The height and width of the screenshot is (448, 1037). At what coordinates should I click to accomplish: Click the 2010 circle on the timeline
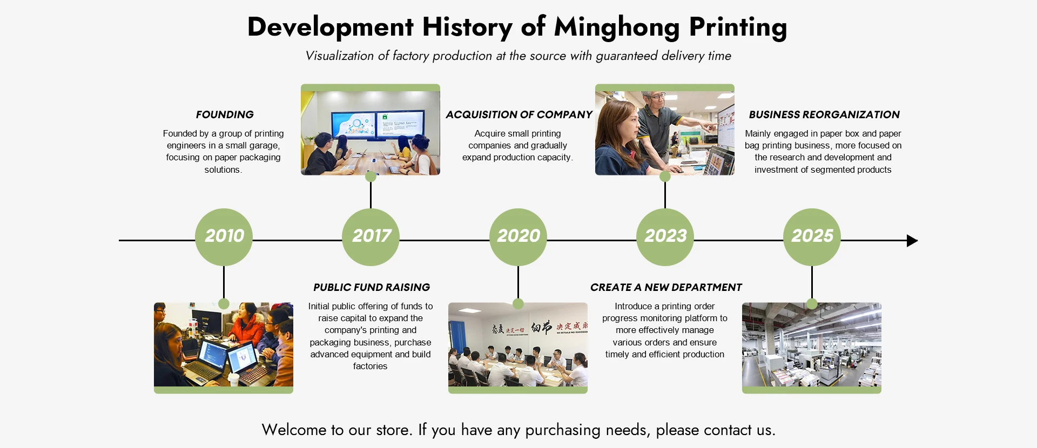tap(224, 237)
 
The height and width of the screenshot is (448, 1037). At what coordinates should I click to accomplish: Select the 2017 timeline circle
tap(371, 237)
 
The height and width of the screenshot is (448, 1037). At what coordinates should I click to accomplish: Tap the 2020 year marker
tap(518, 237)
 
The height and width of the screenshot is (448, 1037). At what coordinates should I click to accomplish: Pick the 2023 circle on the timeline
tap(665, 237)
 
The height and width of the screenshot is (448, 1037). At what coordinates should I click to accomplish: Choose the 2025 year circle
tap(812, 237)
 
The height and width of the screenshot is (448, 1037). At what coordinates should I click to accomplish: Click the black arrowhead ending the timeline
tap(912, 241)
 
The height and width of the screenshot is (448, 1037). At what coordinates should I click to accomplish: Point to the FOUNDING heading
tap(225, 114)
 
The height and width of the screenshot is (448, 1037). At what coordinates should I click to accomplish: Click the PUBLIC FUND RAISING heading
tap(372, 287)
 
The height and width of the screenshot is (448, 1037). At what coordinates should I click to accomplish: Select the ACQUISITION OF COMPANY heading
tap(519, 114)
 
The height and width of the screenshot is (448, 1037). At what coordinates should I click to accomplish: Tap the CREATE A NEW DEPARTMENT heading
tap(666, 287)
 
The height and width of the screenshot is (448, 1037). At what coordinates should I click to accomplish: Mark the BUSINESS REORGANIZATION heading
tap(824, 114)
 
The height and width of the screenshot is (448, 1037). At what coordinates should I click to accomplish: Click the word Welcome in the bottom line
tap(294, 430)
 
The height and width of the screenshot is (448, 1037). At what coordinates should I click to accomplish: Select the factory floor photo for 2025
tap(812, 344)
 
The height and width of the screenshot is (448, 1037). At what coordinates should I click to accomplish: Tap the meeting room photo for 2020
tap(518, 344)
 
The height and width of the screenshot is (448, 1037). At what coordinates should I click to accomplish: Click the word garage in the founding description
tap(266, 146)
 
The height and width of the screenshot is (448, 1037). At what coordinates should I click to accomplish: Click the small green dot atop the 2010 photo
tap(224, 304)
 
